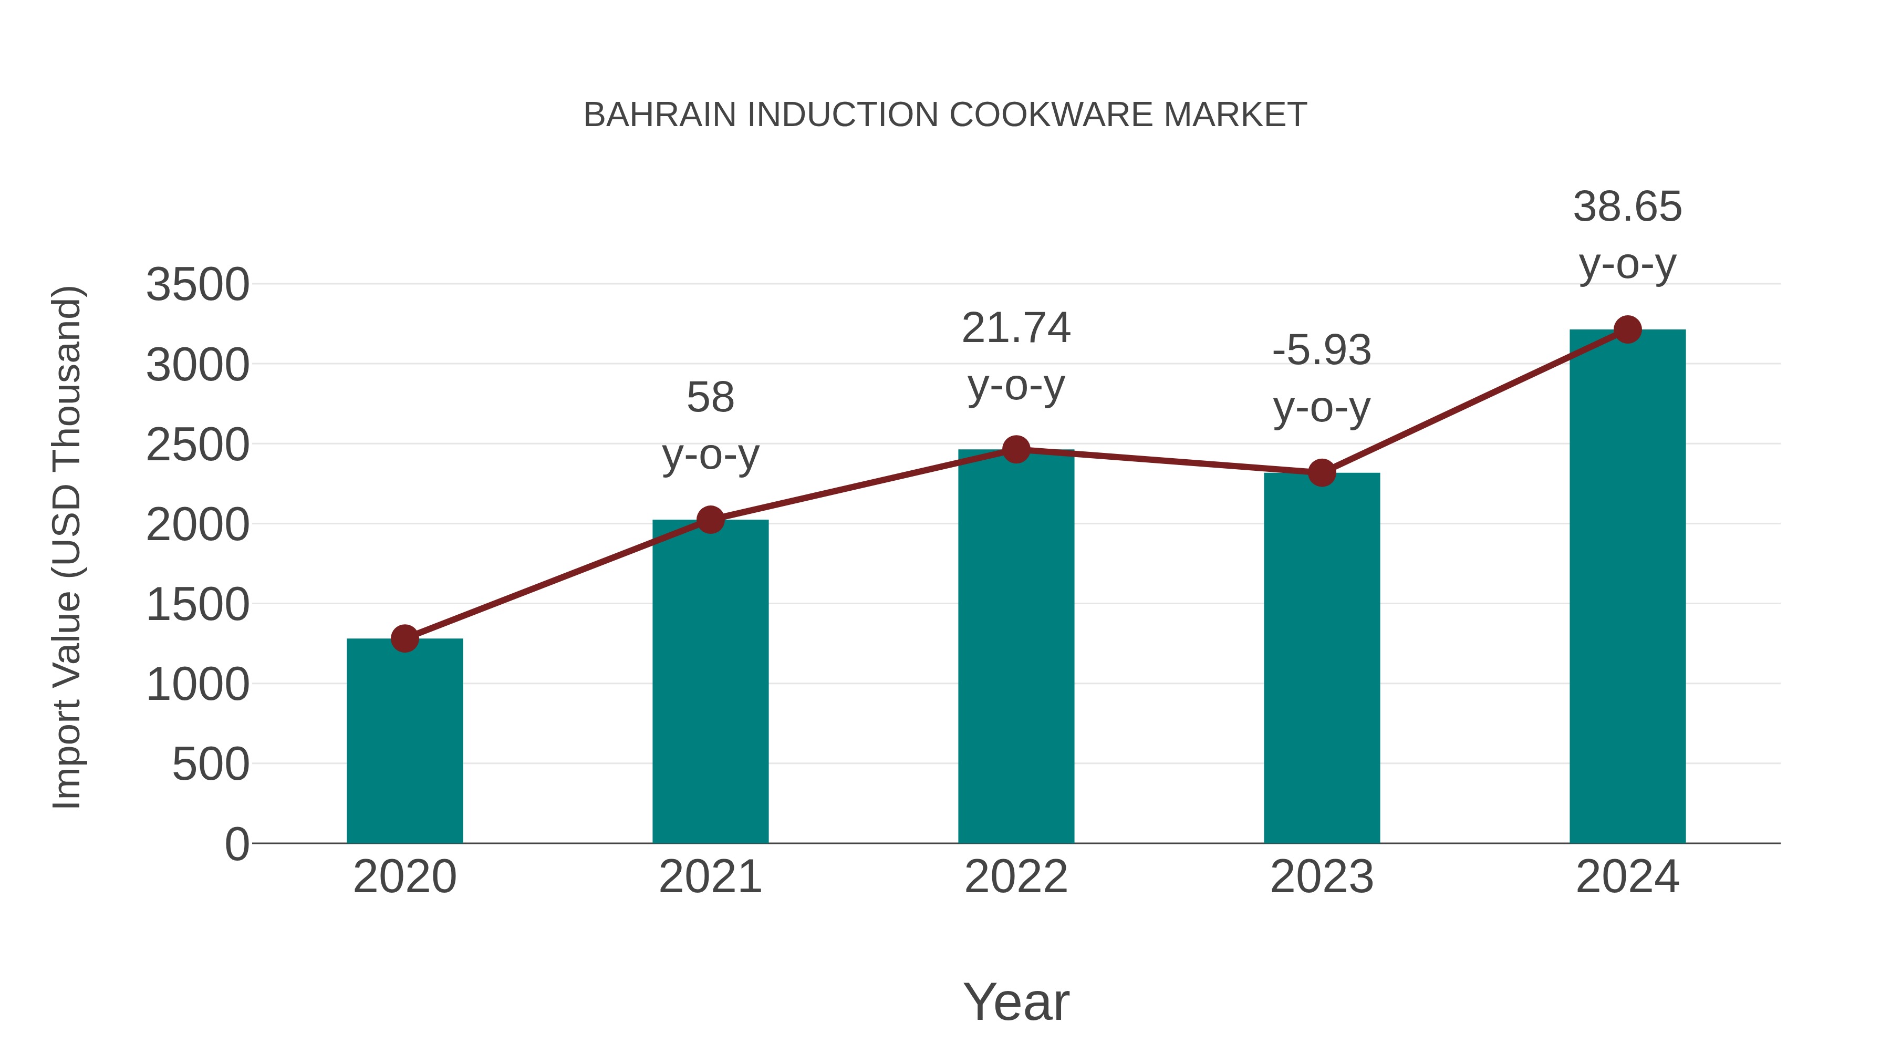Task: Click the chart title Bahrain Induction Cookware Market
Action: pyautogui.click(x=945, y=115)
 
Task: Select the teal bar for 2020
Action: pyautogui.click(x=404, y=741)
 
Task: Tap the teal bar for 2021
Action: pyautogui.click(x=710, y=683)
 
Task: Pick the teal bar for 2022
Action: pyautogui.click(x=1016, y=646)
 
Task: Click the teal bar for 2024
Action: pyautogui.click(x=1627, y=587)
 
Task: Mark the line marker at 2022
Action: pyautogui.click(x=1016, y=449)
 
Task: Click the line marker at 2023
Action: pyautogui.click(x=1322, y=473)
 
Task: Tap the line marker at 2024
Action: pyautogui.click(x=1627, y=329)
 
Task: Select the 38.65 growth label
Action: pyautogui.click(x=1627, y=207)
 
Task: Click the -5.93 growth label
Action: pyautogui.click(x=1322, y=350)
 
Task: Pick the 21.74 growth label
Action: pyautogui.click(x=1016, y=328)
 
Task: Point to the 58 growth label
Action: pyautogui.click(x=710, y=398)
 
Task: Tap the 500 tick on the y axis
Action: pyautogui.click(x=211, y=765)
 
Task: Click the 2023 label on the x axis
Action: pyautogui.click(x=1322, y=877)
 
